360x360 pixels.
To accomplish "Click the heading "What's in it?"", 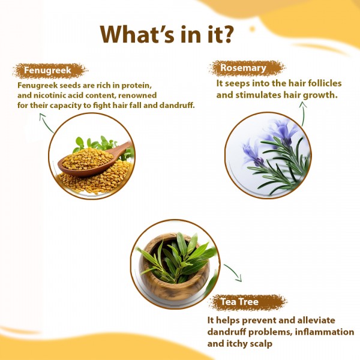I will tap(167, 34).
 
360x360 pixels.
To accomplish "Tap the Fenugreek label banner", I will tap(48, 71).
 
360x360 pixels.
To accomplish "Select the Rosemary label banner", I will tap(242, 68).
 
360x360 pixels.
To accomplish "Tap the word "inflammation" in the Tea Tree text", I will tap(322, 332).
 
